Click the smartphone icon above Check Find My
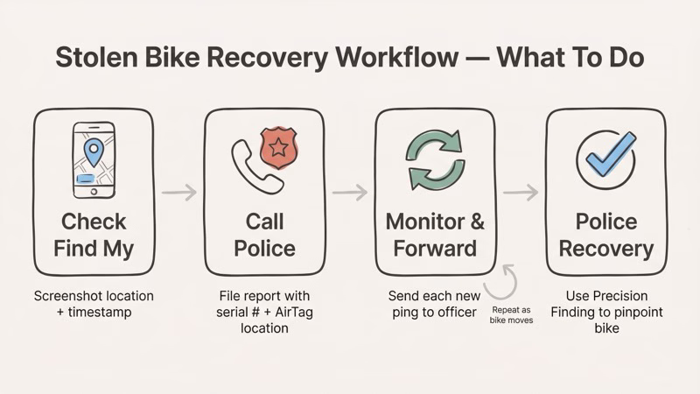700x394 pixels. (x=94, y=160)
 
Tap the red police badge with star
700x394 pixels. (x=279, y=145)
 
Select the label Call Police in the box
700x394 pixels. (x=264, y=235)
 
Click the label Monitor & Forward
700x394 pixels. (x=436, y=235)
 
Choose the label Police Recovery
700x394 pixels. (x=606, y=235)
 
